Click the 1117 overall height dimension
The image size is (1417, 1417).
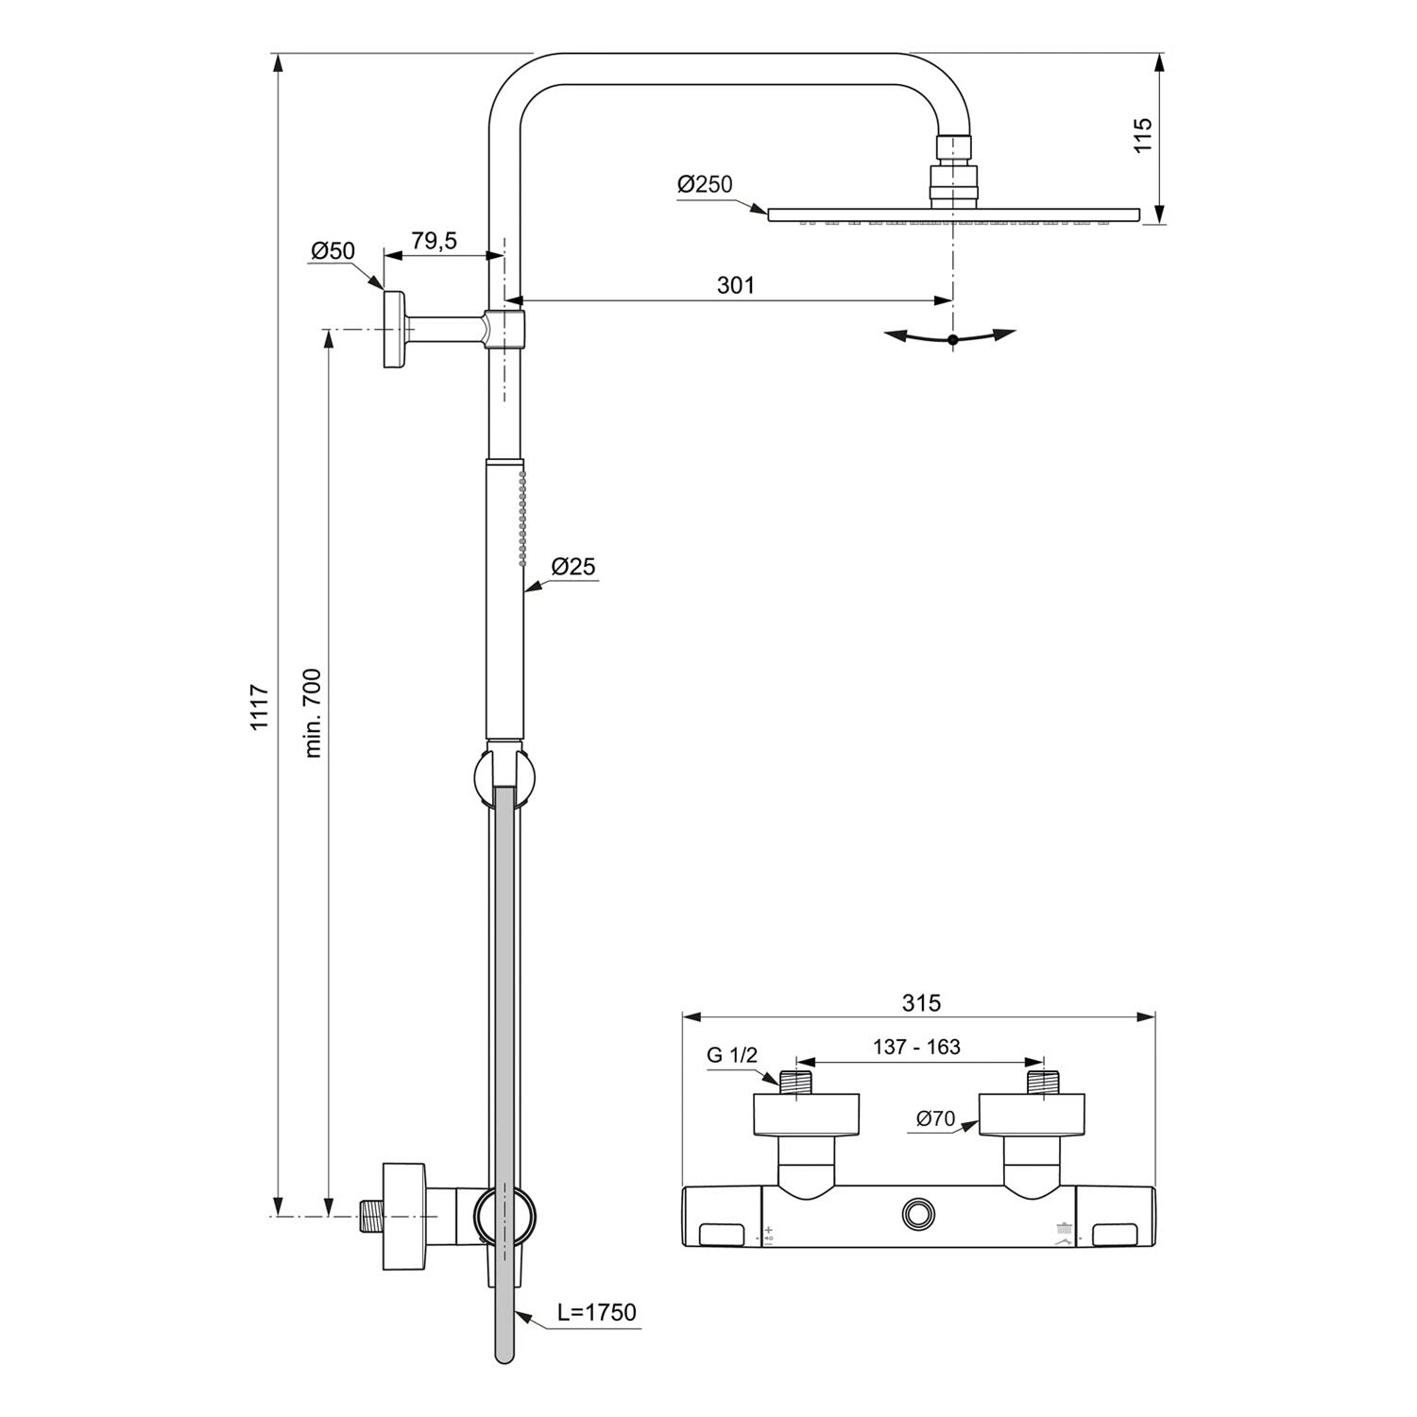[260, 707]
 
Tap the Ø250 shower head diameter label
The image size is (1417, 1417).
[705, 184]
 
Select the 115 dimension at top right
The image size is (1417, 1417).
[1143, 135]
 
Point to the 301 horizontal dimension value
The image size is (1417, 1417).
[736, 284]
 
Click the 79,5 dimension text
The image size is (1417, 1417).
[434, 241]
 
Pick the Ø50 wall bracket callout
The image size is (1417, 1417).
[333, 250]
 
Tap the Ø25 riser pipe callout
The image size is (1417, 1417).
[573, 567]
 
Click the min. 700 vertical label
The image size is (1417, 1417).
[314, 713]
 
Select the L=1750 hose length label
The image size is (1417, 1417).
[596, 1312]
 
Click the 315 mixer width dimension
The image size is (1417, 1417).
[921, 1003]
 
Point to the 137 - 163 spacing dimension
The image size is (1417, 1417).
[916, 1047]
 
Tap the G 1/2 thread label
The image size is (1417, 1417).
[732, 1056]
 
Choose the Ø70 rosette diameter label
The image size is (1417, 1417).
[935, 1119]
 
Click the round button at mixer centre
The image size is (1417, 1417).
[916, 1212]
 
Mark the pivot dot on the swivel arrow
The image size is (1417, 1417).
[952, 339]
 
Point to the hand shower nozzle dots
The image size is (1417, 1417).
[522, 520]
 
